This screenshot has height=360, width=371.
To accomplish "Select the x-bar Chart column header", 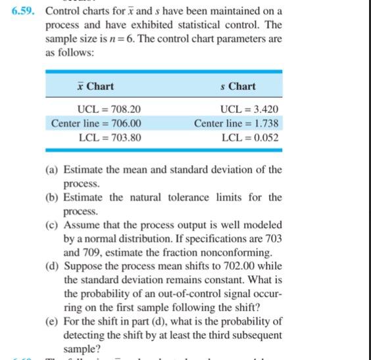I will [95, 87].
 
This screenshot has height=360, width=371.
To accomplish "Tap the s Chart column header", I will [237, 87].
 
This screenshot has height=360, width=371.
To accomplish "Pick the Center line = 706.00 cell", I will [96, 124].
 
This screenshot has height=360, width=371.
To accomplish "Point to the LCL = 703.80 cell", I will [109, 138].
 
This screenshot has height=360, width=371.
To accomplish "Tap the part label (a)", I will [52, 170].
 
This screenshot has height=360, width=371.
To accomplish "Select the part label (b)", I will [52, 198].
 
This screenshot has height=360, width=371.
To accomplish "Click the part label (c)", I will [52, 225].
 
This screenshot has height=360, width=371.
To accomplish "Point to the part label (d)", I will [52, 266].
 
